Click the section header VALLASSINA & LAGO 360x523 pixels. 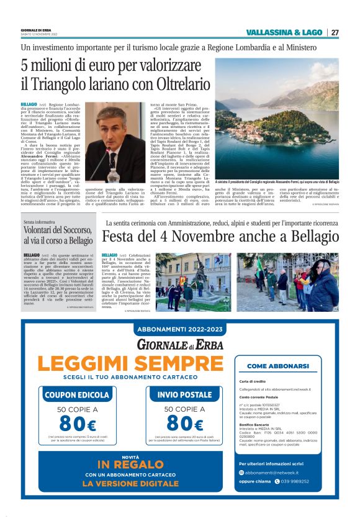(x=285, y=32)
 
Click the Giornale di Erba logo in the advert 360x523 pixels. (x=180, y=344)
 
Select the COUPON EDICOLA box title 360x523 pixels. (x=76, y=394)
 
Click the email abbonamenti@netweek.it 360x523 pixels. (x=277, y=472)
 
